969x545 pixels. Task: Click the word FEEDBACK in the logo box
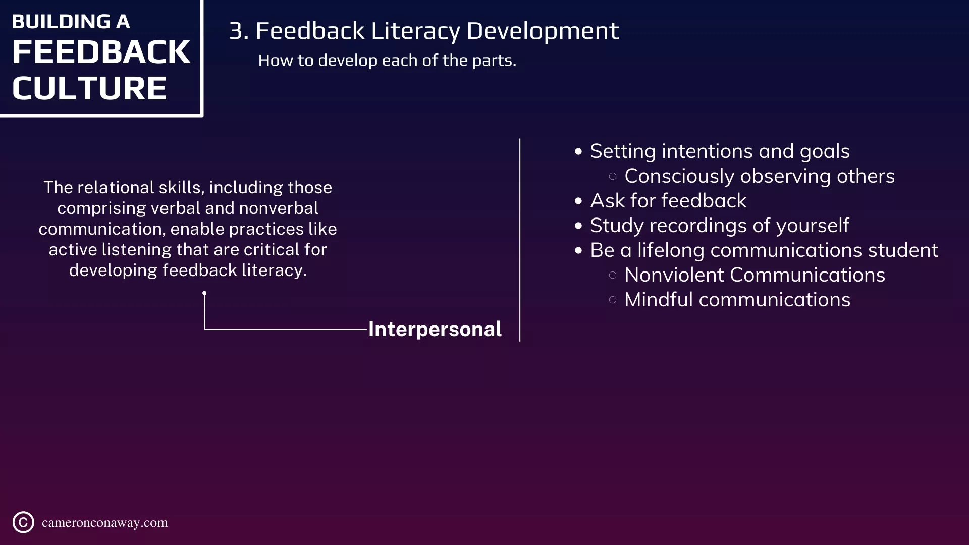pyautogui.click(x=101, y=52)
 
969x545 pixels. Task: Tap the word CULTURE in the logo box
pyautogui.click(x=89, y=88)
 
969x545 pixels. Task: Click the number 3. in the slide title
pyautogui.click(x=239, y=31)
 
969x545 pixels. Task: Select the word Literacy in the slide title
pyautogui.click(x=415, y=32)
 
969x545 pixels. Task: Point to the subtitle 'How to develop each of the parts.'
pyautogui.click(x=387, y=61)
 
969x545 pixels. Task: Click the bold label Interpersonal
pyautogui.click(x=435, y=330)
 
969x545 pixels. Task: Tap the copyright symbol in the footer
pyautogui.click(x=23, y=522)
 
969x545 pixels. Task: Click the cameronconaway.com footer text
pyautogui.click(x=105, y=523)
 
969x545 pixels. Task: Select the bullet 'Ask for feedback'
pyautogui.click(x=668, y=201)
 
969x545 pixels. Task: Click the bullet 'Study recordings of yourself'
pyautogui.click(x=720, y=226)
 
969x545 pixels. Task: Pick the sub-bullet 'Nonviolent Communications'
pyautogui.click(x=755, y=275)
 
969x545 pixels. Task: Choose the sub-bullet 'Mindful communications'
pyautogui.click(x=737, y=300)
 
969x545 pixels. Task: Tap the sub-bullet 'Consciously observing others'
pyautogui.click(x=760, y=177)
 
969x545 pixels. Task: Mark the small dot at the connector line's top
pyautogui.click(x=204, y=293)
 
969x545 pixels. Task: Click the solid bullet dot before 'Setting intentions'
pyautogui.click(x=578, y=152)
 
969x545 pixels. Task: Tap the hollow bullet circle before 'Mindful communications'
pyautogui.click(x=613, y=300)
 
